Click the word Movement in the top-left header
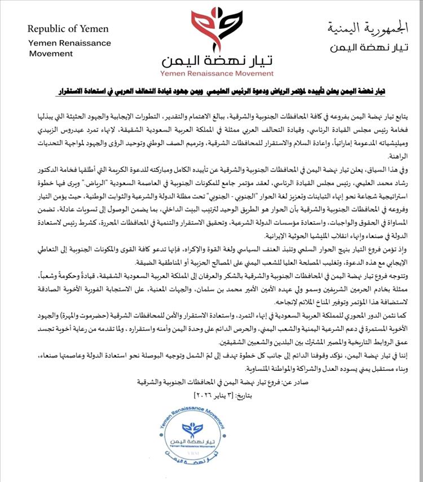51,54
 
